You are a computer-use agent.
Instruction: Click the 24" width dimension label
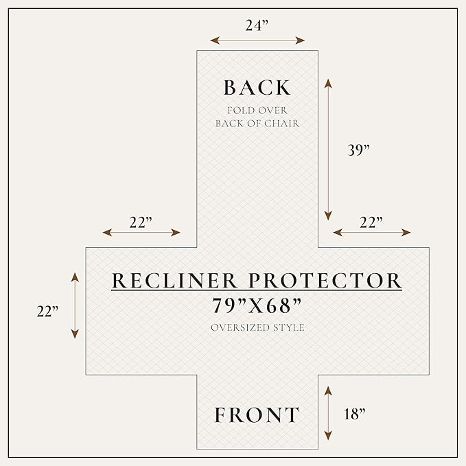click(x=257, y=25)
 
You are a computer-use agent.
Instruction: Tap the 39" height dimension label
click(x=359, y=150)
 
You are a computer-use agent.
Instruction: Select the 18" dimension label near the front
click(x=354, y=414)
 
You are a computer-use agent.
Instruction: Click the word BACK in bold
click(x=257, y=88)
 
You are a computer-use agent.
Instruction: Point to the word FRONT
click(x=257, y=415)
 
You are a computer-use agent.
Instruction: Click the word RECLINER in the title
click(x=174, y=281)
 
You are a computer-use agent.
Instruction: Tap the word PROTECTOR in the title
click(x=325, y=281)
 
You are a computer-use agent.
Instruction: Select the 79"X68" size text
click(x=257, y=306)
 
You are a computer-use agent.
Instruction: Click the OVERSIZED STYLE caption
click(x=257, y=327)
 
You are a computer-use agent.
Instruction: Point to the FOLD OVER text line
click(x=257, y=110)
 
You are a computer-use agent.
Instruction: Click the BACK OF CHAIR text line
click(x=257, y=124)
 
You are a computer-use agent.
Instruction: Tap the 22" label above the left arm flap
click(x=141, y=222)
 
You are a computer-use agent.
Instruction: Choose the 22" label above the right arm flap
click(x=371, y=222)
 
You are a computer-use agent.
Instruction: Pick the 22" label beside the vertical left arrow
click(x=47, y=312)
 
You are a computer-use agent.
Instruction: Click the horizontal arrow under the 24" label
click(x=257, y=40)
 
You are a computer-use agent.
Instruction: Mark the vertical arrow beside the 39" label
click(x=328, y=150)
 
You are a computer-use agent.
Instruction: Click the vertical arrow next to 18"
click(x=328, y=413)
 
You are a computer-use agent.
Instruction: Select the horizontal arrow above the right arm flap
click(x=372, y=233)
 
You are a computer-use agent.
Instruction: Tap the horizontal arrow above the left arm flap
click(x=141, y=233)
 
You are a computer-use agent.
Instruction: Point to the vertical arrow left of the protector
click(x=75, y=305)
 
